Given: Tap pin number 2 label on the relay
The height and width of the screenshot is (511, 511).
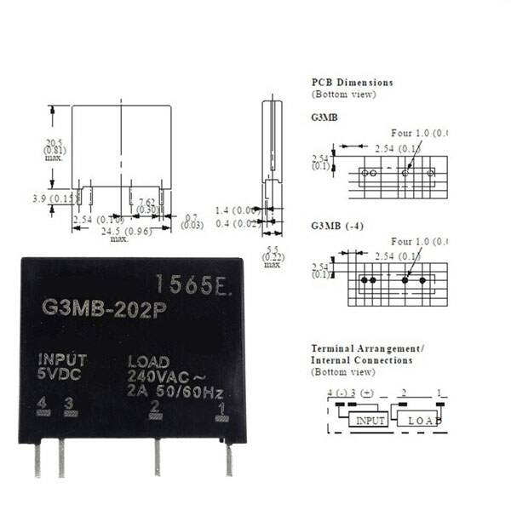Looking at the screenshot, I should pos(155,405).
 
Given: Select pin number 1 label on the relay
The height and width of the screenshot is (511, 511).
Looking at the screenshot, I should pos(221,408).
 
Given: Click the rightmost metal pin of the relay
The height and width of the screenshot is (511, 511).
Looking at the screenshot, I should pos(228,460).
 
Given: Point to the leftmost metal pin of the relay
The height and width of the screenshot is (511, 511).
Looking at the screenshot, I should pos(37,460).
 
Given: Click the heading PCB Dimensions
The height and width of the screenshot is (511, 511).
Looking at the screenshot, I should pos(353,83).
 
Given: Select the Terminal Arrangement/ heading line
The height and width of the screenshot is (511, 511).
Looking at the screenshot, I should pos(367,349).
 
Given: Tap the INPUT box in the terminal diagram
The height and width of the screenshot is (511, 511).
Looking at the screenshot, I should pos(370,421).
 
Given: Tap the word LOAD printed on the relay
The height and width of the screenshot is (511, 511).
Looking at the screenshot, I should pos(148,361).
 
